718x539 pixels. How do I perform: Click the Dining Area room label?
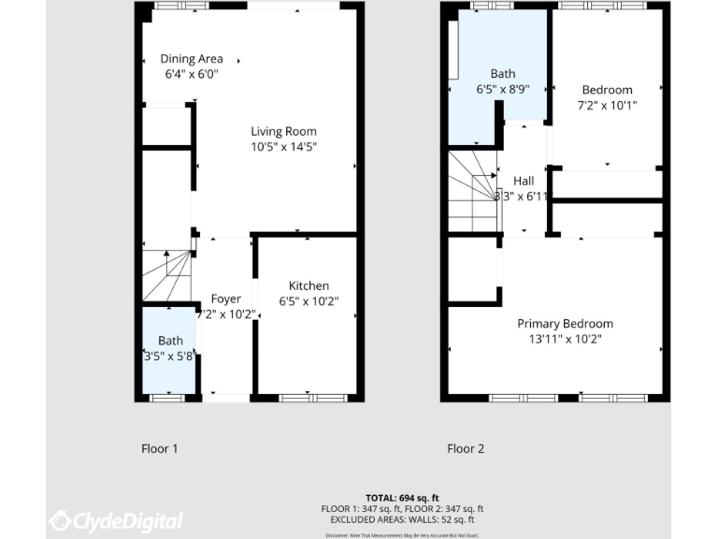tap(191, 59)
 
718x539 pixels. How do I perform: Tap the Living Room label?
tap(283, 132)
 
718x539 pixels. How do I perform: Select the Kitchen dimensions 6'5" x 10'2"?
tap(309, 301)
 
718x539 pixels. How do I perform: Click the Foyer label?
tap(226, 299)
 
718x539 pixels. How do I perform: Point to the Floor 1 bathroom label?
tap(170, 341)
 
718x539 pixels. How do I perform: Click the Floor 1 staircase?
tap(167, 275)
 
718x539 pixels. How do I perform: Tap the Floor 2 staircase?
tap(472, 192)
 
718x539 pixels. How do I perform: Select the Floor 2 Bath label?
tap(503, 73)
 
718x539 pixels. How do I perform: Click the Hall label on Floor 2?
tap(524, 181)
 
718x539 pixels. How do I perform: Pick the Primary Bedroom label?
tap(565, 324)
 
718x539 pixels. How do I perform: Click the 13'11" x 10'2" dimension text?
tap(565, 339)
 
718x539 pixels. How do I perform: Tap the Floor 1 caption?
tap(160, 449)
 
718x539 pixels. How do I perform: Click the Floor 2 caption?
tap(466, 449)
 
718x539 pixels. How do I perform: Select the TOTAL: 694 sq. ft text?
tap(402, 498)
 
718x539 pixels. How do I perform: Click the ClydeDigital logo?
tap(116, 520)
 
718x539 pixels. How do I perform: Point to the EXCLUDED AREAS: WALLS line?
tap(402, 518)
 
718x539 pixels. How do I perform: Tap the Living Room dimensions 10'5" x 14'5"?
tap(283, 147)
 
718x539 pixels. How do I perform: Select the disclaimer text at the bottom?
tap(402, 534)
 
